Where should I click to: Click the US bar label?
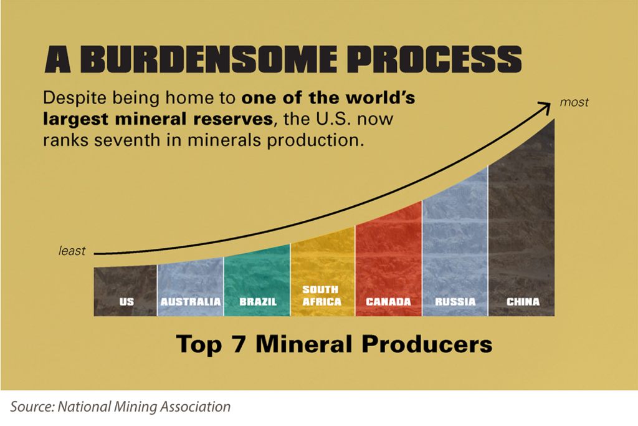pyautogui.click(x=126, y=302)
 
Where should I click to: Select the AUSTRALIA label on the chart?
pyautogui.click(x=191, y=302)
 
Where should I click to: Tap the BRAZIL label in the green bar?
pyautogui.click(x=257, y=302)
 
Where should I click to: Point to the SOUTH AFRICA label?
pyautogui.click(x=321, y=296)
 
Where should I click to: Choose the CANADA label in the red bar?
pyautogui.click(x=388, y=302)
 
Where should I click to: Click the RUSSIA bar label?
pyautogui.click(x=455, y=302)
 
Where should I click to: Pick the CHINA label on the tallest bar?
pyautogui.click(x=523, y=302)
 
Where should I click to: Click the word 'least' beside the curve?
pyautogui.click(x=72, y=251)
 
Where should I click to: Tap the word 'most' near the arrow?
pyautogui.click(x=574, y=102)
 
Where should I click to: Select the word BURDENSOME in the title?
pyautogui.click(x=209, y=59)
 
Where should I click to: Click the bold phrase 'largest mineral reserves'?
pyautogui.click(x=158, y=119)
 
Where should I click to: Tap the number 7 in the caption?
pyautogui.click(x=239, y=344)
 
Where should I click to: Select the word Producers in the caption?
pyautogui.click(x=427, y=344)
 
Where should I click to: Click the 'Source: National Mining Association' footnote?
pyautogui.click(x=120, y=407)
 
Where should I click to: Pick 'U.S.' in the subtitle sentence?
pyautogui.click(x=334, y=119)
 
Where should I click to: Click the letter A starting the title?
pyautogui.click(x=58, y=59)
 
